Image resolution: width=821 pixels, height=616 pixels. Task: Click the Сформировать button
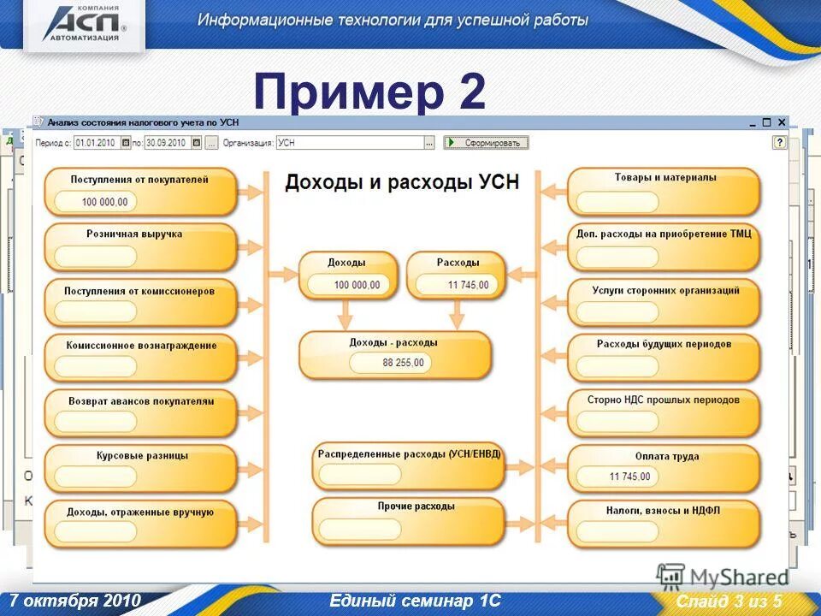pyautogui.click(x=487, y=143)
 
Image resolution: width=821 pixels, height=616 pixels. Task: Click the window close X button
pyautogui.click(x=781, y=123)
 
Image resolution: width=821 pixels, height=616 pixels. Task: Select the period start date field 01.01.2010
pyautogui.click(x=97, y=143)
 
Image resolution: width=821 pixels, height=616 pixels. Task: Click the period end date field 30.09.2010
pyautogui.click(x=167, y=143)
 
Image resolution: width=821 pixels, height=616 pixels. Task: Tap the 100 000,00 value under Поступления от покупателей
pyautogui.click(x=104, y=202)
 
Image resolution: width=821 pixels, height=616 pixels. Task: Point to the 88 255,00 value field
pyautogui.click(x=403, y=363)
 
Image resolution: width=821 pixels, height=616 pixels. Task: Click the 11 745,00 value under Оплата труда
pyautogui.click(x=629, y=477)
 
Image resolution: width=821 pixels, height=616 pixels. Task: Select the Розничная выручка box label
pyautogui.click(x=134, y=234)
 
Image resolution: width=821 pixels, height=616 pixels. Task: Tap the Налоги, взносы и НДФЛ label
pyautogui.click(x=664, y=511)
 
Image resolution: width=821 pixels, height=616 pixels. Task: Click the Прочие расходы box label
pyautogui.click(x=416, y=506)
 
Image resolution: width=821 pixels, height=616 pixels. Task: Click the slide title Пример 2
pyautogui.click(x=369, y=92)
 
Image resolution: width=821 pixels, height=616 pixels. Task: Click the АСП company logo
pyautogui.click(x=83, y=23)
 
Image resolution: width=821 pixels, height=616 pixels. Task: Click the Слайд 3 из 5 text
pyautogui.click(x=729, y=601)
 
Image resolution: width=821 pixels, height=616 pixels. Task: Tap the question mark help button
pyautogui.click(x=779, y=143)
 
